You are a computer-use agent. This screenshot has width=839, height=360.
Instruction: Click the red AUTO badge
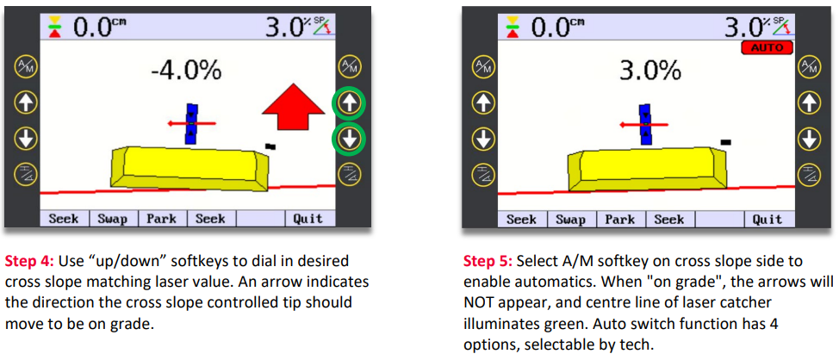point(766,47)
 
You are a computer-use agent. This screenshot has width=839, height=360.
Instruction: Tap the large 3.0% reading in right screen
point(646,71)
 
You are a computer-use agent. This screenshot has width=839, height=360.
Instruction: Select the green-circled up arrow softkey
point(349,104)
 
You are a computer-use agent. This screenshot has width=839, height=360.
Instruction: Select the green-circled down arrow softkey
point(349,139)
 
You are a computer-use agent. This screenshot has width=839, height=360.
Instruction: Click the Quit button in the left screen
point(308,219)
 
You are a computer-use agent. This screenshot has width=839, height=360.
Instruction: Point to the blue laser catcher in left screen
point(192,123)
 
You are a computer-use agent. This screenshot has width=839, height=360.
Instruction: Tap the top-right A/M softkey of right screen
point(808,66)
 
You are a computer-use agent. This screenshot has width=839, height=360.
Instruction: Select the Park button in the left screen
point(161,219)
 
